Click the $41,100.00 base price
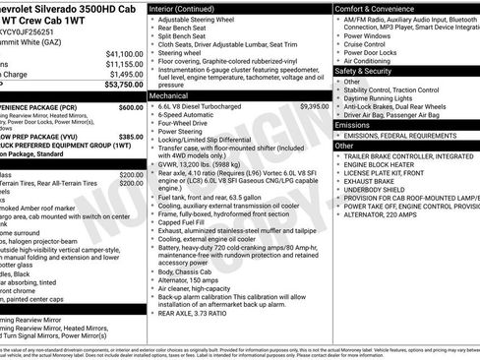125,53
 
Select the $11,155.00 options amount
125,64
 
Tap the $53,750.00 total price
125,86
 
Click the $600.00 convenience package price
131,107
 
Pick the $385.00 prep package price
131,137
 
